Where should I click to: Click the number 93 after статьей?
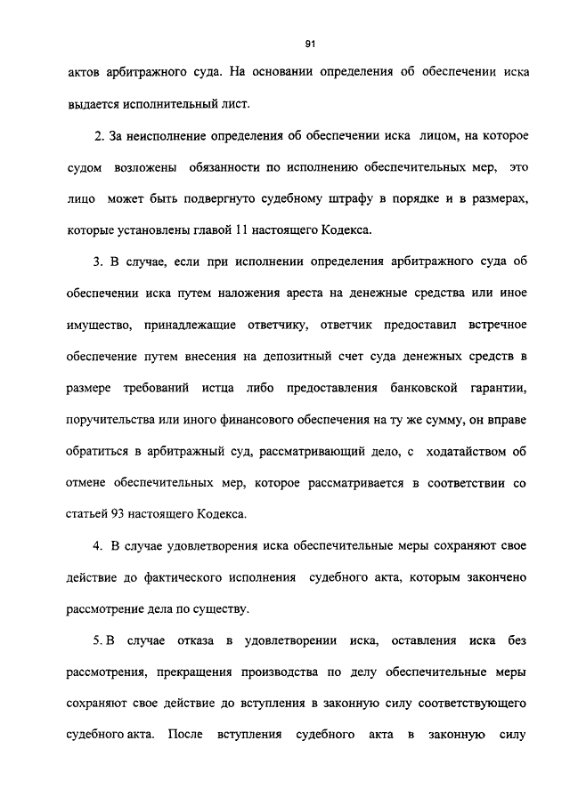point(118,514)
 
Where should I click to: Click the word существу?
point(224,609)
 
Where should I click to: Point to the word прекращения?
point(187,672)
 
